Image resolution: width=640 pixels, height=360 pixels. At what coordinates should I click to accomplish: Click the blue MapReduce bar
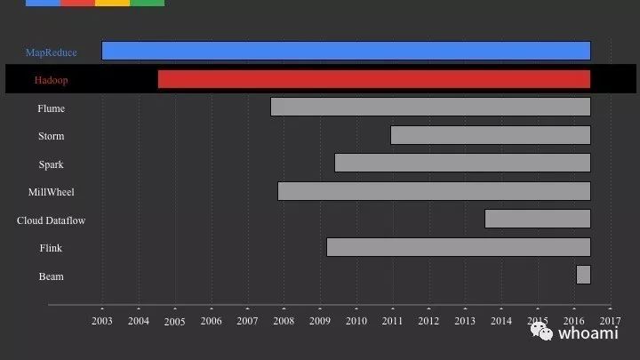click(x=346, y=51)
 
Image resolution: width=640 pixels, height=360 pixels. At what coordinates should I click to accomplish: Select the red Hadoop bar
click(x=374, y=79)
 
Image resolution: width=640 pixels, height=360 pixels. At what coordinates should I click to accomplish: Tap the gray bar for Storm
click(x=491, y=135)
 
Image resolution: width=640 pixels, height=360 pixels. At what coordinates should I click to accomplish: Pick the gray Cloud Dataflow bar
click(x=538, y=219)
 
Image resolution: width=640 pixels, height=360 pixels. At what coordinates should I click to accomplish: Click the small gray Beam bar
click(x=583, y=275)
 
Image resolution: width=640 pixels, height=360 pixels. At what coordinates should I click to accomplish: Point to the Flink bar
click(x=459, y=247)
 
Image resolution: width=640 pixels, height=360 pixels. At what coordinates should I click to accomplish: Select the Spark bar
click(x=462, y=163)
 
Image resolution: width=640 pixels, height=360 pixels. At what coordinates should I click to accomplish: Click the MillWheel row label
click(x=51, y=192)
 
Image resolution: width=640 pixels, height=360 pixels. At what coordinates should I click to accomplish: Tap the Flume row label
click(x=51, y=108)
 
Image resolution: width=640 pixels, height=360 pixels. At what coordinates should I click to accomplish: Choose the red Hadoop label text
click(x=51, y=80)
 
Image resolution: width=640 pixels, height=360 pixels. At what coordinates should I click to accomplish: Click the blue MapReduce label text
click(x=51, y=52)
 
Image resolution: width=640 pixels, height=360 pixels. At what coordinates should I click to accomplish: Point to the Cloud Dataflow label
click(x=51, y=220)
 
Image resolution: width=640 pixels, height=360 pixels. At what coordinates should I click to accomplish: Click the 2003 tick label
click(x=102, y=321)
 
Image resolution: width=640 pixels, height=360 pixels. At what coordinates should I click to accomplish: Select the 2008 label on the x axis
click(x=284, y=321)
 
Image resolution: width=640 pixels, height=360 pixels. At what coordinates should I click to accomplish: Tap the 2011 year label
click(x=392, y=321)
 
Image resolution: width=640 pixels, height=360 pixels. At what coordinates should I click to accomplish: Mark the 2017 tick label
click(x=610, y=321)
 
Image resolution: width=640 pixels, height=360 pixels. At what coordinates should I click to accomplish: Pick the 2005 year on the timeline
click(x=175, y=322)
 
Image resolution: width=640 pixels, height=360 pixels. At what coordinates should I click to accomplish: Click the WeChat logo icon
click(x=541, y=331)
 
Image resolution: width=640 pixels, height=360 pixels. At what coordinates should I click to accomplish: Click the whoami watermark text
click(x=588, y=333)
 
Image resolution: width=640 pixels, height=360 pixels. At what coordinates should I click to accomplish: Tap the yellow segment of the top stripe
click(x=112, y=3)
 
